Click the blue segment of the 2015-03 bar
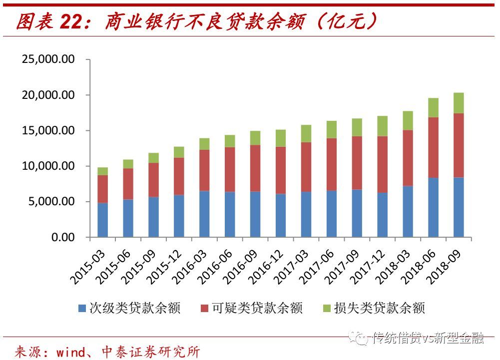coord(102,220)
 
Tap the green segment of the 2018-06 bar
coord(433,107)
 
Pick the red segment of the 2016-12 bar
coord(280,170)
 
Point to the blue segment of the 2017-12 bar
coord(382,214)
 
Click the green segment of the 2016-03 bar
coord(204,144)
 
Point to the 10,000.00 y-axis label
coord(48,166)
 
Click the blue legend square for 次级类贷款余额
coord(82,309)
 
